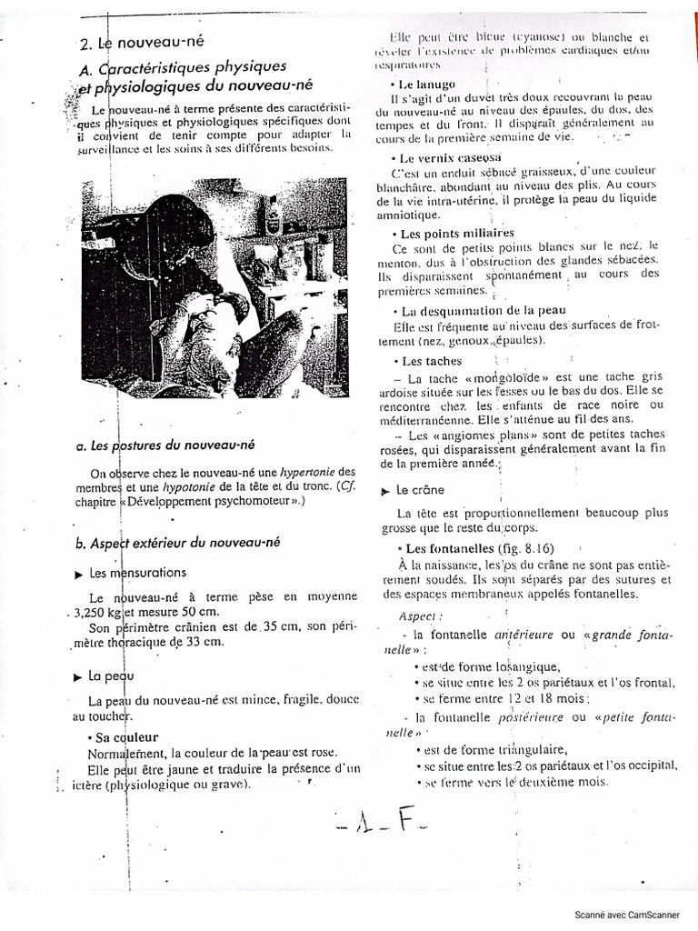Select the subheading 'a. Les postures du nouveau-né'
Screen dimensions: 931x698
pos(165,445)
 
